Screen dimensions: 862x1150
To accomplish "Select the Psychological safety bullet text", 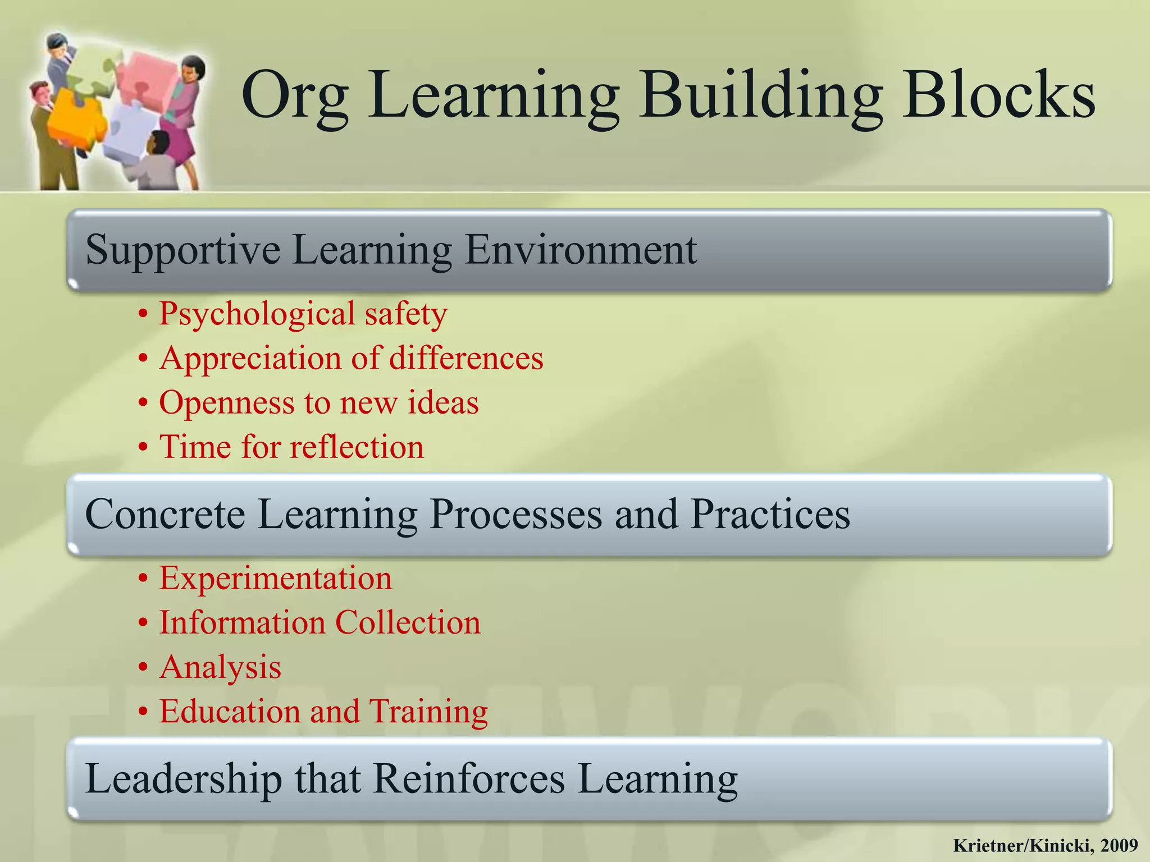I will (303, 314).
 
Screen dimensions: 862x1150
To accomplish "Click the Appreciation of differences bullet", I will (351, 358).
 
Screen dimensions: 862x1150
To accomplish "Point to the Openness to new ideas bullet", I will (319, 402).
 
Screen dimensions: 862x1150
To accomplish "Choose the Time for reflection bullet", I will (291, 447).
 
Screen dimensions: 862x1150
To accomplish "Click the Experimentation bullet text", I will (276, 578).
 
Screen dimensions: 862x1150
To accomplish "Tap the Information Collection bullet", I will (320, 622).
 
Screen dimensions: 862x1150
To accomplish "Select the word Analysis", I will (220, 667).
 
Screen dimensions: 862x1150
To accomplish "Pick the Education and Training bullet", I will (323, 712).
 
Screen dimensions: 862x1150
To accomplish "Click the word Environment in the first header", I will (580, 249).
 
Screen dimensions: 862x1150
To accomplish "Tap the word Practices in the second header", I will (770, 514).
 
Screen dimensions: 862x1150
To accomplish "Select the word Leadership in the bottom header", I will (183, 779).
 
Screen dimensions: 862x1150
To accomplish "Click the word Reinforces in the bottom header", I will (469, 779).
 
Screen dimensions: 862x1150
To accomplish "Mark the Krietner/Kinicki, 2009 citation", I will (1046, 845).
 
